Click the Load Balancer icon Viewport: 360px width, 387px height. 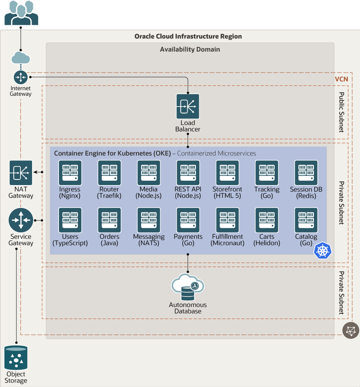188,107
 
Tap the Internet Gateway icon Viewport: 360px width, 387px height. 21,77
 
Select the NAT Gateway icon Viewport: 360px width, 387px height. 21,173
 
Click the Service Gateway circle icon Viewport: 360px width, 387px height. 21,220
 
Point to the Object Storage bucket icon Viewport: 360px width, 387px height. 16,357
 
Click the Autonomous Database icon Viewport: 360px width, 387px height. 188,287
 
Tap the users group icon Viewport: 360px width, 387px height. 21,13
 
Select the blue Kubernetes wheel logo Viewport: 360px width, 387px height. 322,250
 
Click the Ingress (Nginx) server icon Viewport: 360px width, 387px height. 70,173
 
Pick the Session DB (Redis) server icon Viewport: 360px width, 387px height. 306,173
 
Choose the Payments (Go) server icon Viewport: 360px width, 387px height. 188,220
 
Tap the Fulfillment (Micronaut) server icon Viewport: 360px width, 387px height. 227,220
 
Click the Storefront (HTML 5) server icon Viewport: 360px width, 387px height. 227,173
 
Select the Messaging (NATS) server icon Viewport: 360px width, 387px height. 149,220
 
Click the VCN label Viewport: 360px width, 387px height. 342,79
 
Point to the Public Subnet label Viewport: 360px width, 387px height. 341,112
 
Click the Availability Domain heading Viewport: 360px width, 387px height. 190,49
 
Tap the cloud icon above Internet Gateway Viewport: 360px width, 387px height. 21,58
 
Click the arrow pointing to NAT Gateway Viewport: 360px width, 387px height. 38,172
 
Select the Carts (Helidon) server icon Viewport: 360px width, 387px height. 267,220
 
